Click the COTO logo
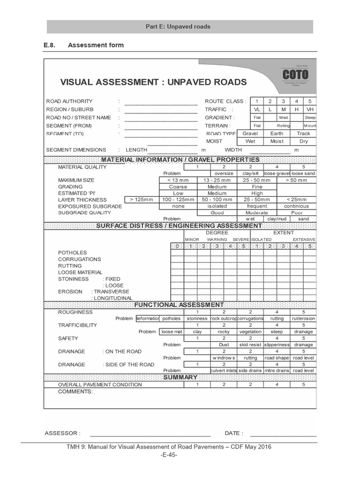coord(295,75)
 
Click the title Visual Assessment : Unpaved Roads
coord(153,82)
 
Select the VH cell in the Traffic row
coord(309,109)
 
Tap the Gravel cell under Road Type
coord(250,134)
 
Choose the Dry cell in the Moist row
coord(303,141)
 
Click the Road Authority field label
coord(69,101)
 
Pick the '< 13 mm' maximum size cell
coord(178,180)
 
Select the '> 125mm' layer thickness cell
coord(142,200)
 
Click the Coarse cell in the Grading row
coord(178,187)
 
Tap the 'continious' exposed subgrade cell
coord(296,206)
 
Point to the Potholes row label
coord(72,253)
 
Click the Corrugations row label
coord(79,259)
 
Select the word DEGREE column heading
coord(217,232)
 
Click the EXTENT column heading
coord(284,232)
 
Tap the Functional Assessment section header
coord(179,305)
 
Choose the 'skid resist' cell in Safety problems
coord(250,345)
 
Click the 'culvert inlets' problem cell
coord(224,371)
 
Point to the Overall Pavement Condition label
coord(100,385)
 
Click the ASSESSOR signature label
coord(63,434)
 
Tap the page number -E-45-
coord(169,455)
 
